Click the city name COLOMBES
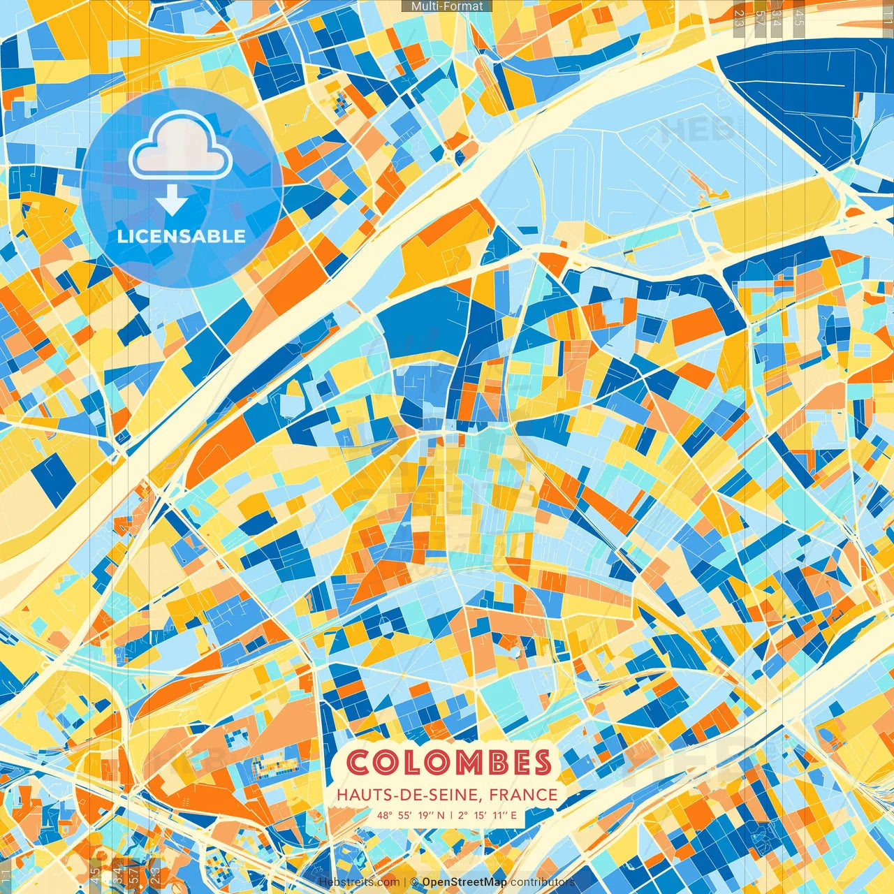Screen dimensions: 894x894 [x=449, y=763]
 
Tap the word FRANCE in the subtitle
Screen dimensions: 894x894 [x=524, y=795]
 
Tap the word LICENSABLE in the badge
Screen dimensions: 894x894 [x=182, y=236]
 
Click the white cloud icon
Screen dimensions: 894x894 [x=180, y=145]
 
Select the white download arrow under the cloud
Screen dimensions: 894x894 [x=171, y=202]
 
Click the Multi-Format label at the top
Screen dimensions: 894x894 [x=447, y=6]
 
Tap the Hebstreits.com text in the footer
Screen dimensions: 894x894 [x=359, y=882]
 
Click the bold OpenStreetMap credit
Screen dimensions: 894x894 [x=464, y=882]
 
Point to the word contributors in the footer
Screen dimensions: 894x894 [x=542, y=882]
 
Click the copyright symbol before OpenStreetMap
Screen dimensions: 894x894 [x=414, y=882]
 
